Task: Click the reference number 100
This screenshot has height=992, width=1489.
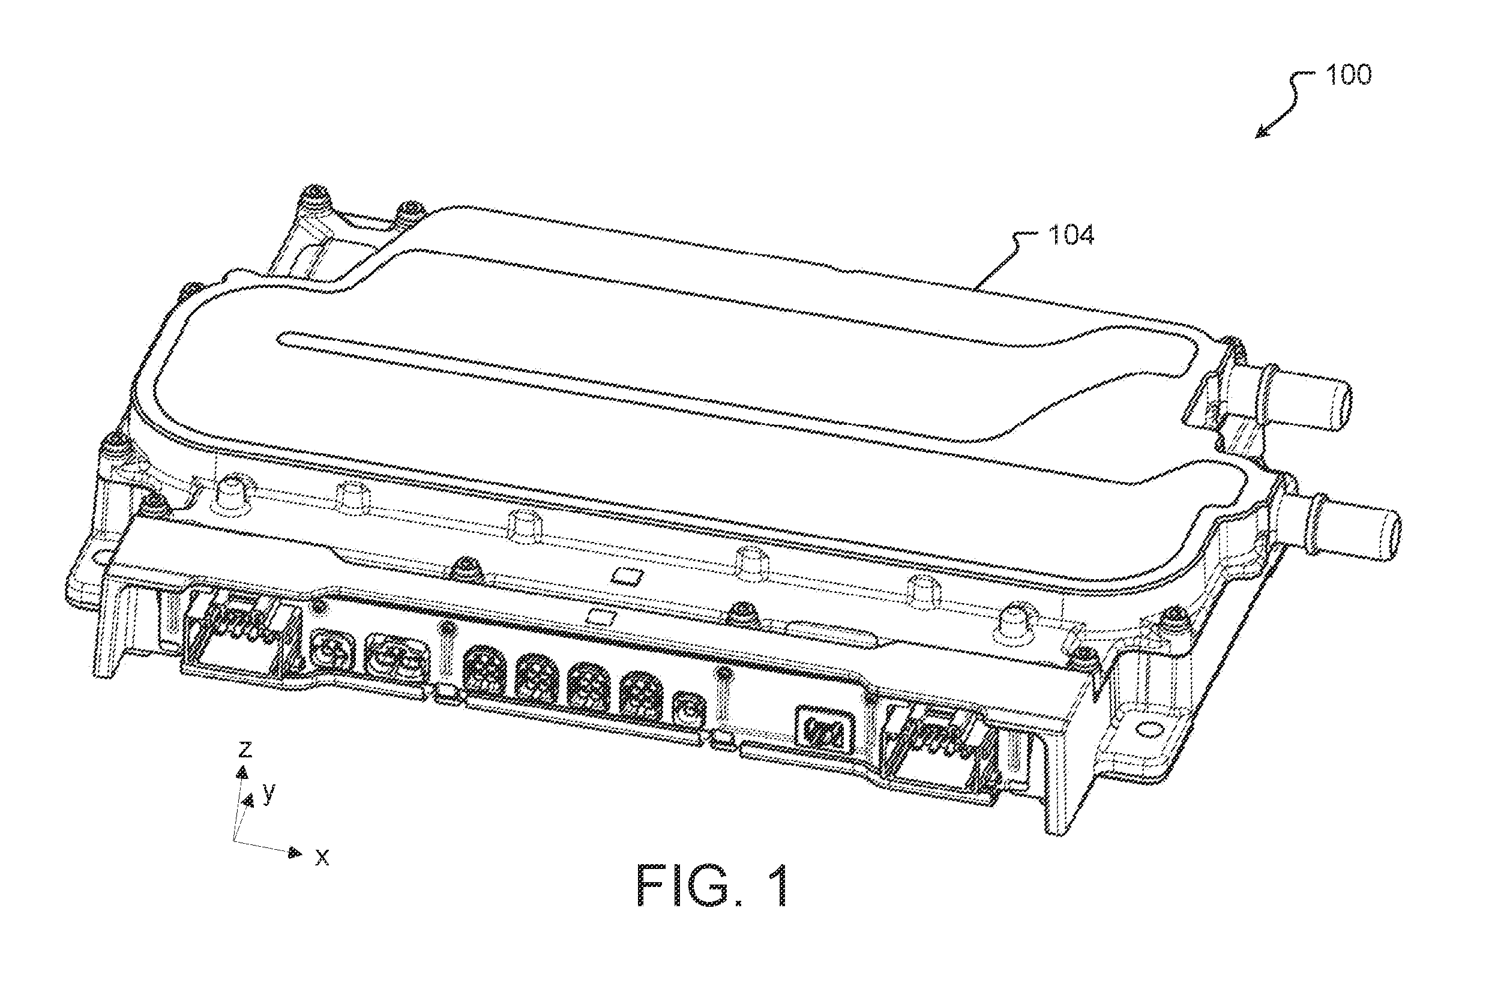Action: coord(1348,75)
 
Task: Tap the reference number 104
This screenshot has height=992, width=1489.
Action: coord(1071,235)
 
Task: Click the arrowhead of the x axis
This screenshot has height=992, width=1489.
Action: coord(295,853)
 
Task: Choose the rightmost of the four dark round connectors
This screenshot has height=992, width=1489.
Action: coord(641,697)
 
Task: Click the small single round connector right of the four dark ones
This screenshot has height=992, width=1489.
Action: coord(688,709)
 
